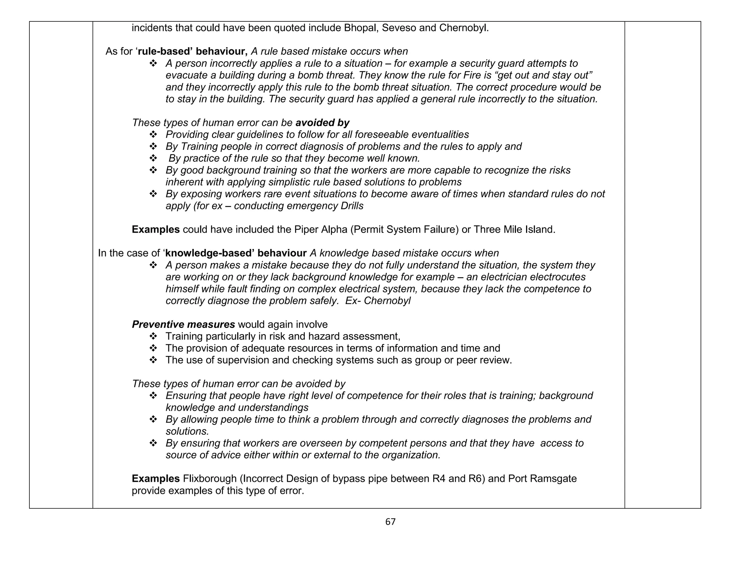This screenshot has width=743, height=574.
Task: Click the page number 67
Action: pyautogui.click(x=390, y=522)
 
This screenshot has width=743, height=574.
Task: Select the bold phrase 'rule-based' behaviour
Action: pyautogui.click(x=193, y=52)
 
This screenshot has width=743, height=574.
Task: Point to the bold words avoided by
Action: pyautogui.click(x=322, y=123)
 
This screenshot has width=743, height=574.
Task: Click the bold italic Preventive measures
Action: pyautogui.click(x=183, y=324)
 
